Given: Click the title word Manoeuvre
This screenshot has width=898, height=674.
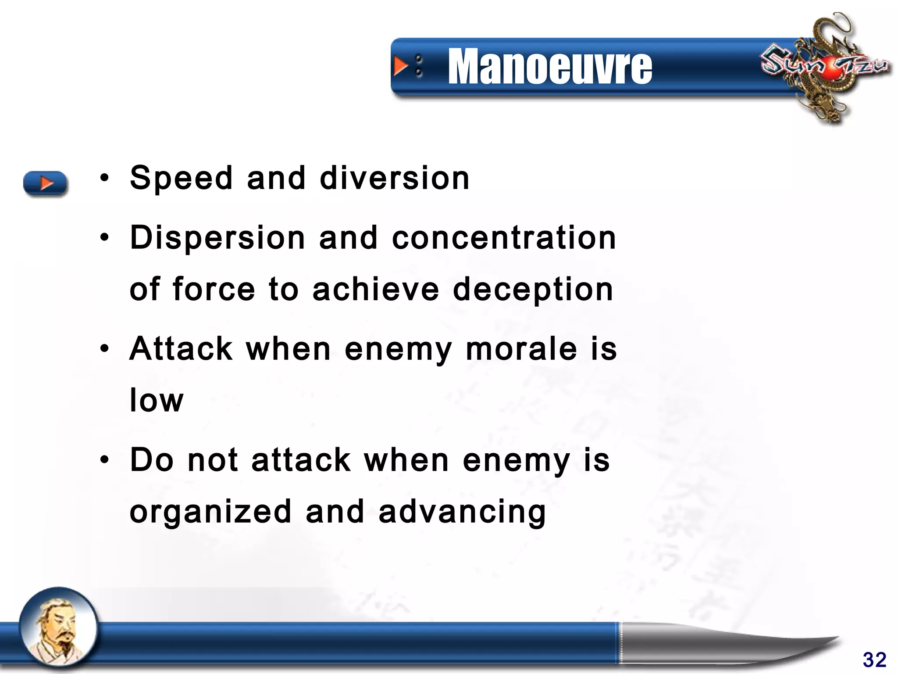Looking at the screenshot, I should [x=550, y=67].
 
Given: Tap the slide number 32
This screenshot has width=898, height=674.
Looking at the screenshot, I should [x=874, y=660].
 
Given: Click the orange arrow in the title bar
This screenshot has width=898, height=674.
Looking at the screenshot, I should [x=400, y=66].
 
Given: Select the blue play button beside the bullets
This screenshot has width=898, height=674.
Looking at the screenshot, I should [x=45, y=183].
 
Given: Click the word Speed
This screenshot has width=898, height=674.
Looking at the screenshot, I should [x=181, y=178].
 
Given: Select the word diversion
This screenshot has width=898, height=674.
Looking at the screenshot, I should [x=395, y=178].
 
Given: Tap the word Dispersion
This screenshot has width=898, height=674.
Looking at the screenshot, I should [x=217, y=237].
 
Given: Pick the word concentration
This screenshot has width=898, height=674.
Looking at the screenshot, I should [x=504, y=237].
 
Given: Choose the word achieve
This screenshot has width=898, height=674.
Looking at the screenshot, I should [x=376, y=289].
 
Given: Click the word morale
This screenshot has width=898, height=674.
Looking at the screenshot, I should [x=521, y=349].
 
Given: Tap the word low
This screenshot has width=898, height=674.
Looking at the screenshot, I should [x=157, y=400].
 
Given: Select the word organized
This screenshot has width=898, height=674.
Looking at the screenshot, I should [x=210, y=512].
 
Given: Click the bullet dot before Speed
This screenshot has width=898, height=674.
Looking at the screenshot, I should [x=104, y=179].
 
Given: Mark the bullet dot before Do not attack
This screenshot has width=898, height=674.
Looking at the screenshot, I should [x=104, y=460].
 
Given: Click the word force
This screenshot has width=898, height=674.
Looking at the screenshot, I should [x=214, y=289].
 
